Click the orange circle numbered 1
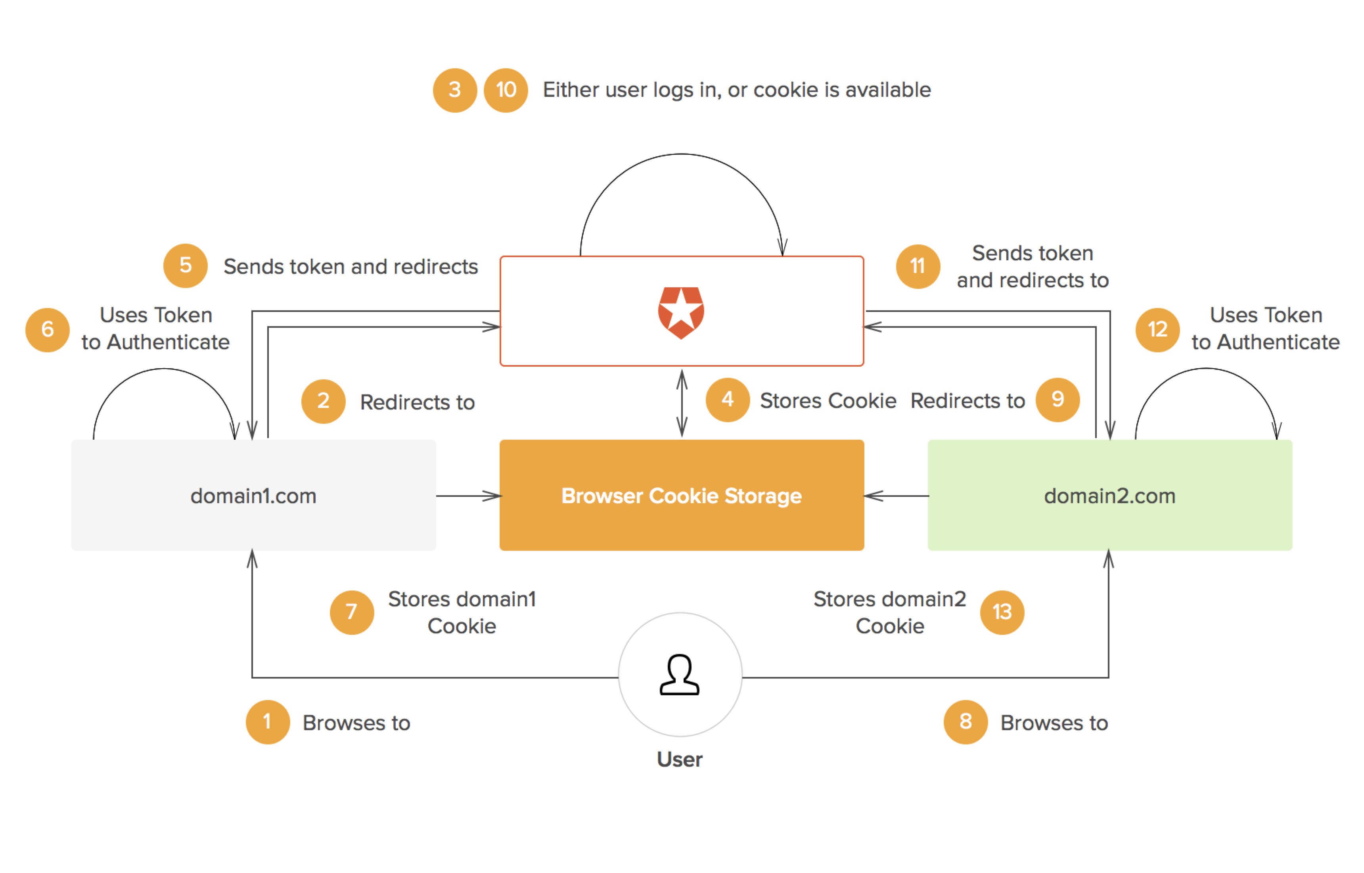coord(267,722)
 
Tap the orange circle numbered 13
coord(1002,611)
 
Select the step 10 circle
coord(505,90)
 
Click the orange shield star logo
coord(681,312)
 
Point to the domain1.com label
coord(253,496)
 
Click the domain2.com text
coord(1109,496)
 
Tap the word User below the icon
coord(679,759)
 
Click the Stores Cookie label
coord(828,401)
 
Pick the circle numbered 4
coord(727,400)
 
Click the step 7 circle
coord(352,611)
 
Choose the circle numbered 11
coord(918,266)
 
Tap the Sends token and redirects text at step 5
coord(351,266)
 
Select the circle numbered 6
coord(48,329)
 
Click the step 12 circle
coord(1157,329)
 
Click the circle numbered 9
coord(1057,400)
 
